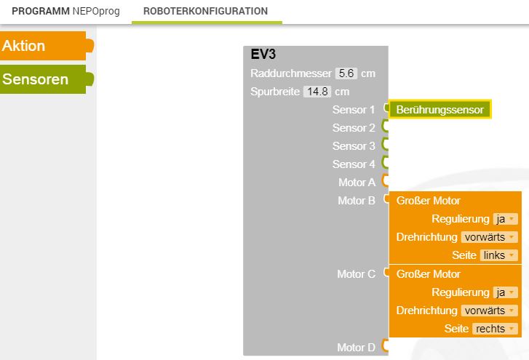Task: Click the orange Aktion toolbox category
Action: point(46,46)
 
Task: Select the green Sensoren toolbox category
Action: point(46,79)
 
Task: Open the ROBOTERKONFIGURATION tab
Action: point(205,11)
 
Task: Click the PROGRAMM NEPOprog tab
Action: point(65,11)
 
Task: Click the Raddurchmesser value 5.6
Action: point(346,73)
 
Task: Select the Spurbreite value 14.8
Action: point(317,92)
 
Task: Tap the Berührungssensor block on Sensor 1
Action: point(440,110)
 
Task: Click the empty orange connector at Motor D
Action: point(385,346)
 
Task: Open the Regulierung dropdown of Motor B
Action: point(505,219)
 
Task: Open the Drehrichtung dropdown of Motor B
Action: point(490,237)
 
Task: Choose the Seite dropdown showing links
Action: point(498,255)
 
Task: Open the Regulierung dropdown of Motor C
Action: point(505,292)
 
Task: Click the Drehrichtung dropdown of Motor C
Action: point(490,311)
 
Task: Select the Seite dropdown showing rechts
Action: point(495,329)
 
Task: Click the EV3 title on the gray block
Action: point(263,55)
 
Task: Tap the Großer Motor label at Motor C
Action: point(429,274)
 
